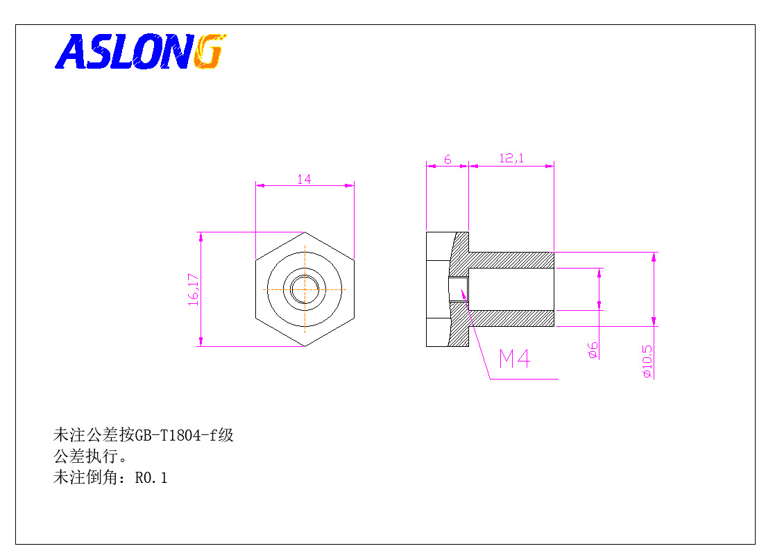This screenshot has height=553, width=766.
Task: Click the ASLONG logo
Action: pos(141,51)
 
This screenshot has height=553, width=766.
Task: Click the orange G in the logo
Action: pos(210,51)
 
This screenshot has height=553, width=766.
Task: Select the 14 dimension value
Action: pos(304,179)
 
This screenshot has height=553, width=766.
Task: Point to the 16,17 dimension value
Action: pos(194,289)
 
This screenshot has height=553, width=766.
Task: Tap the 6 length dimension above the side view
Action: pos(448,160)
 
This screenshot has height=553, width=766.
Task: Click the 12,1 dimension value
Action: pos(511,158)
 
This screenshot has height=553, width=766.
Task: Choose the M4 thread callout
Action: pos(514,359)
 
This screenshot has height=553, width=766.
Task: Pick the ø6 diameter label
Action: pos(593,350)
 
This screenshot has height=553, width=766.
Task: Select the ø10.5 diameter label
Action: pos(647,361)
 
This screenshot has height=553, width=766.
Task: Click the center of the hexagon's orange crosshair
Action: pos(305,289)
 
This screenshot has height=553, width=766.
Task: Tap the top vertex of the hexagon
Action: pos(305,232)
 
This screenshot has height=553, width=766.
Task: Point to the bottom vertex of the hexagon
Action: pos(305,346)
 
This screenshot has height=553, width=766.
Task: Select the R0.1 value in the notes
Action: pos(151,477)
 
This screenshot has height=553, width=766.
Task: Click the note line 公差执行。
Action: pos(91,457)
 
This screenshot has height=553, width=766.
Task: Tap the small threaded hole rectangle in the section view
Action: pos(458,289)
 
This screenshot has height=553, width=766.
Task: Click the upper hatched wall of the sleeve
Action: pos(511,260)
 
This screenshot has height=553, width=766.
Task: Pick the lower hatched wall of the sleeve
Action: pos(511,318)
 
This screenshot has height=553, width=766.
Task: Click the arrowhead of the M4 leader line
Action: pos(463,293)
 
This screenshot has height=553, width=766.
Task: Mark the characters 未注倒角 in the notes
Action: pos(85,477)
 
